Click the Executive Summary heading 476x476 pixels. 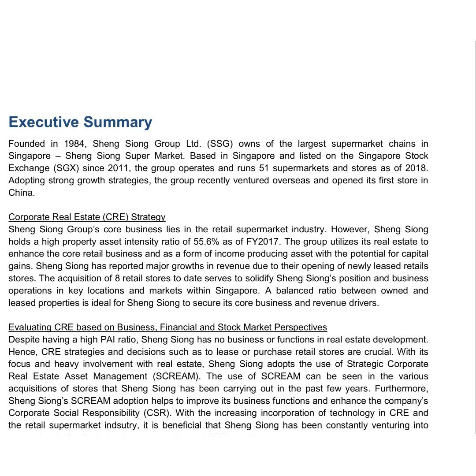tap(80, 122)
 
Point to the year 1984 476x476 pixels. tap(74, 144)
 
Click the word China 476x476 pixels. tap(21, 193)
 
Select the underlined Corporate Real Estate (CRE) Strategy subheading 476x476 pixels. tap(87, 217)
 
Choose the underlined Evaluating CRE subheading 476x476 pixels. tap(167, 327)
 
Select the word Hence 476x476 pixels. tap(22, 352)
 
